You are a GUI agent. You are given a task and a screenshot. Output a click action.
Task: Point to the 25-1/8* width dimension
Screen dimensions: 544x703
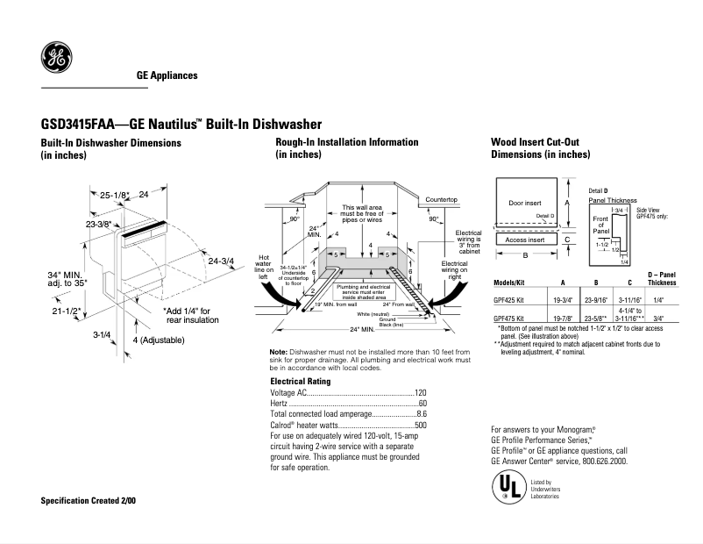(x=114, y=195)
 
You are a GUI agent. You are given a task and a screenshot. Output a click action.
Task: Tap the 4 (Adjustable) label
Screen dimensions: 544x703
(x=159, y=340)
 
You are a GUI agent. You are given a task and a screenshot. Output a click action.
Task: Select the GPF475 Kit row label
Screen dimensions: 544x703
(x=509, y=319)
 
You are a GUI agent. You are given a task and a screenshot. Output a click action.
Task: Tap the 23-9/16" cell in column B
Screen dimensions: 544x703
(x=596, y=299)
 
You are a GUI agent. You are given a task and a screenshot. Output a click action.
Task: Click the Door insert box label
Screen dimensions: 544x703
(x=526, y=204)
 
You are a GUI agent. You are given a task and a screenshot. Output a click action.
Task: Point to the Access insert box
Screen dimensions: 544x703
(x=526, y=240)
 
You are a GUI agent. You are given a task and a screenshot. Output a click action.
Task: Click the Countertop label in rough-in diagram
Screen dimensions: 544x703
(x=444, y=201)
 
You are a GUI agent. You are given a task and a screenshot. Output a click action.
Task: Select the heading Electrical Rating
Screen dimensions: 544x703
(x=300, y=383)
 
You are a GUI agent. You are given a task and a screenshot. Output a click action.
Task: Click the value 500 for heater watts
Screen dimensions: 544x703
(x=420, y=425)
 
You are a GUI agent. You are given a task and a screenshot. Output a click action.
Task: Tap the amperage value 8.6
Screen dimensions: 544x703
(x=421, y=413)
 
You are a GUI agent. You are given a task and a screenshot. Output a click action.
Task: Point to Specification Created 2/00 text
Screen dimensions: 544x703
(x=89, y=500)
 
